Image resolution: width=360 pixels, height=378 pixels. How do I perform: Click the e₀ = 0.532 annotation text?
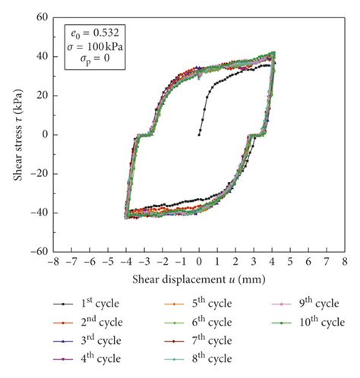click(85, 33)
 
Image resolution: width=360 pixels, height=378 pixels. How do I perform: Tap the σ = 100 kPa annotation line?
click(85, 46)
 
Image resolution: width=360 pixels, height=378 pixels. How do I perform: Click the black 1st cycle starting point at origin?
click(199, 134)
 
